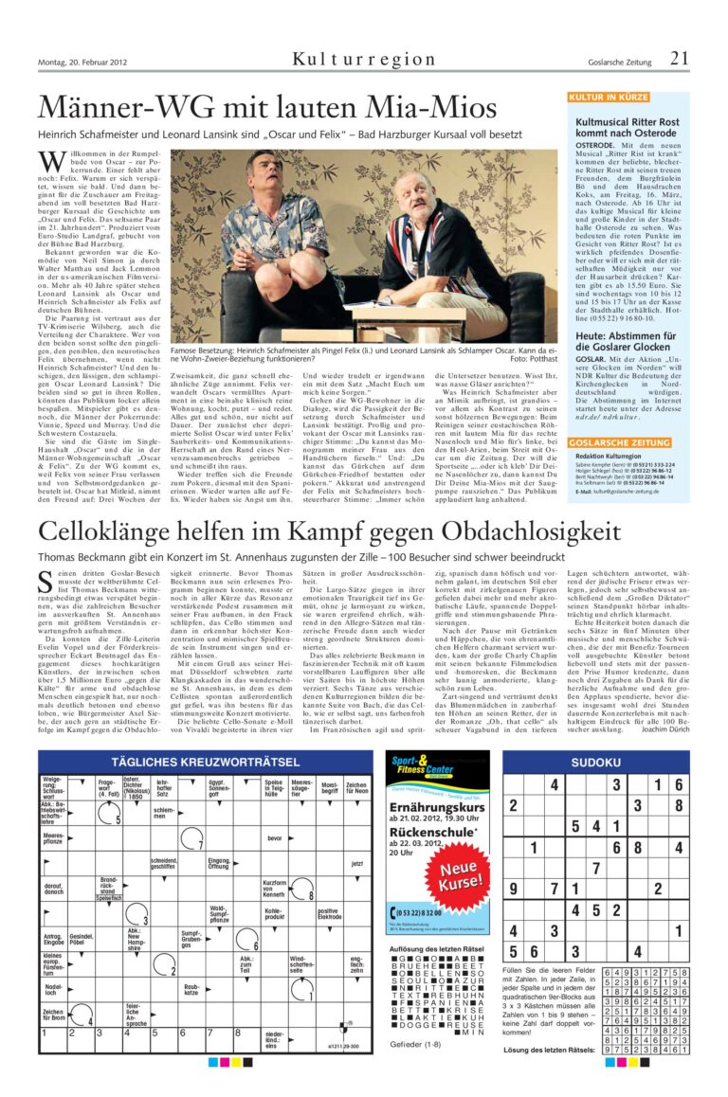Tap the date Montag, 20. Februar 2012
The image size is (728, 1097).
click(x=83, y=64)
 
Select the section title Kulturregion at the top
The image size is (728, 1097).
click(x=364, y=60)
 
